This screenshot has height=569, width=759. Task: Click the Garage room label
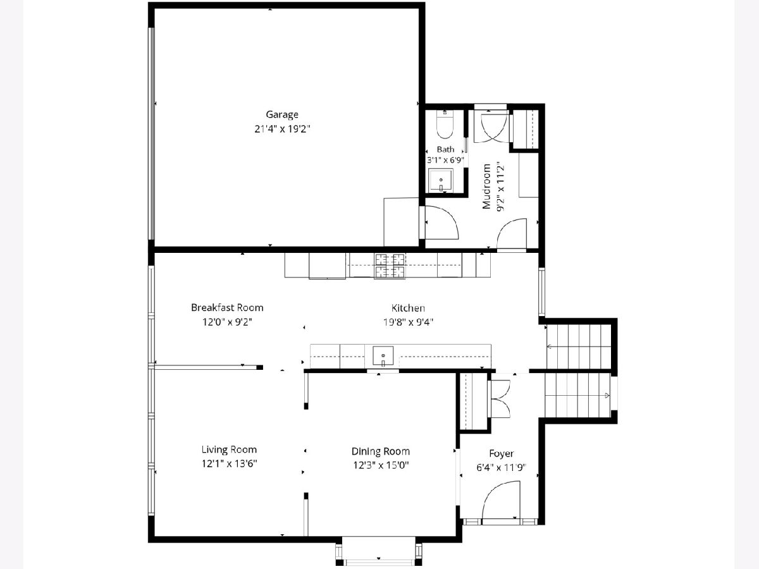[x=282, y=114]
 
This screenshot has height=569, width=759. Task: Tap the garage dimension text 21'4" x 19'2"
[x=282, y=129]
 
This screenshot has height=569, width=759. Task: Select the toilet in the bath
[x=445, y=125]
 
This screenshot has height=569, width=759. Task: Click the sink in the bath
[x=440, y=180]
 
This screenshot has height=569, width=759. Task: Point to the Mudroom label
[x=486, y=187]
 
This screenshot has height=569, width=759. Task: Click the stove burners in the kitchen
[x=390, y=266]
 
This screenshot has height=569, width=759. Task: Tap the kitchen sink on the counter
[x=383, y=356]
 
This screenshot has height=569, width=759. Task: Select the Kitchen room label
[x=408, y=308]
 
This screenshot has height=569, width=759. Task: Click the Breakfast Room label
[x=227, y=307]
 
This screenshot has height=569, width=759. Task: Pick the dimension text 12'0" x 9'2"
[x=227, y=322]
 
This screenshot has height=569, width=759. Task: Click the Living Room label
[x=229, y=450]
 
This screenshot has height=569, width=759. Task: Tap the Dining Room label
[x=380, y=451]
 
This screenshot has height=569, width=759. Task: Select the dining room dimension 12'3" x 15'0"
[x=381, y=465]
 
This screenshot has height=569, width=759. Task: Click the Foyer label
[x=501, y=453]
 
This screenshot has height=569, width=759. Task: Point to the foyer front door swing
[x=500, y=505]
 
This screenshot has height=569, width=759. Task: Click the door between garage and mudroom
[x=441, y=222]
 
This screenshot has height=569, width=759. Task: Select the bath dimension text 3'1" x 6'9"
[x=445, y=160]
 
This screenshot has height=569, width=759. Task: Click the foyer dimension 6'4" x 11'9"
[x=501, y=468]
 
